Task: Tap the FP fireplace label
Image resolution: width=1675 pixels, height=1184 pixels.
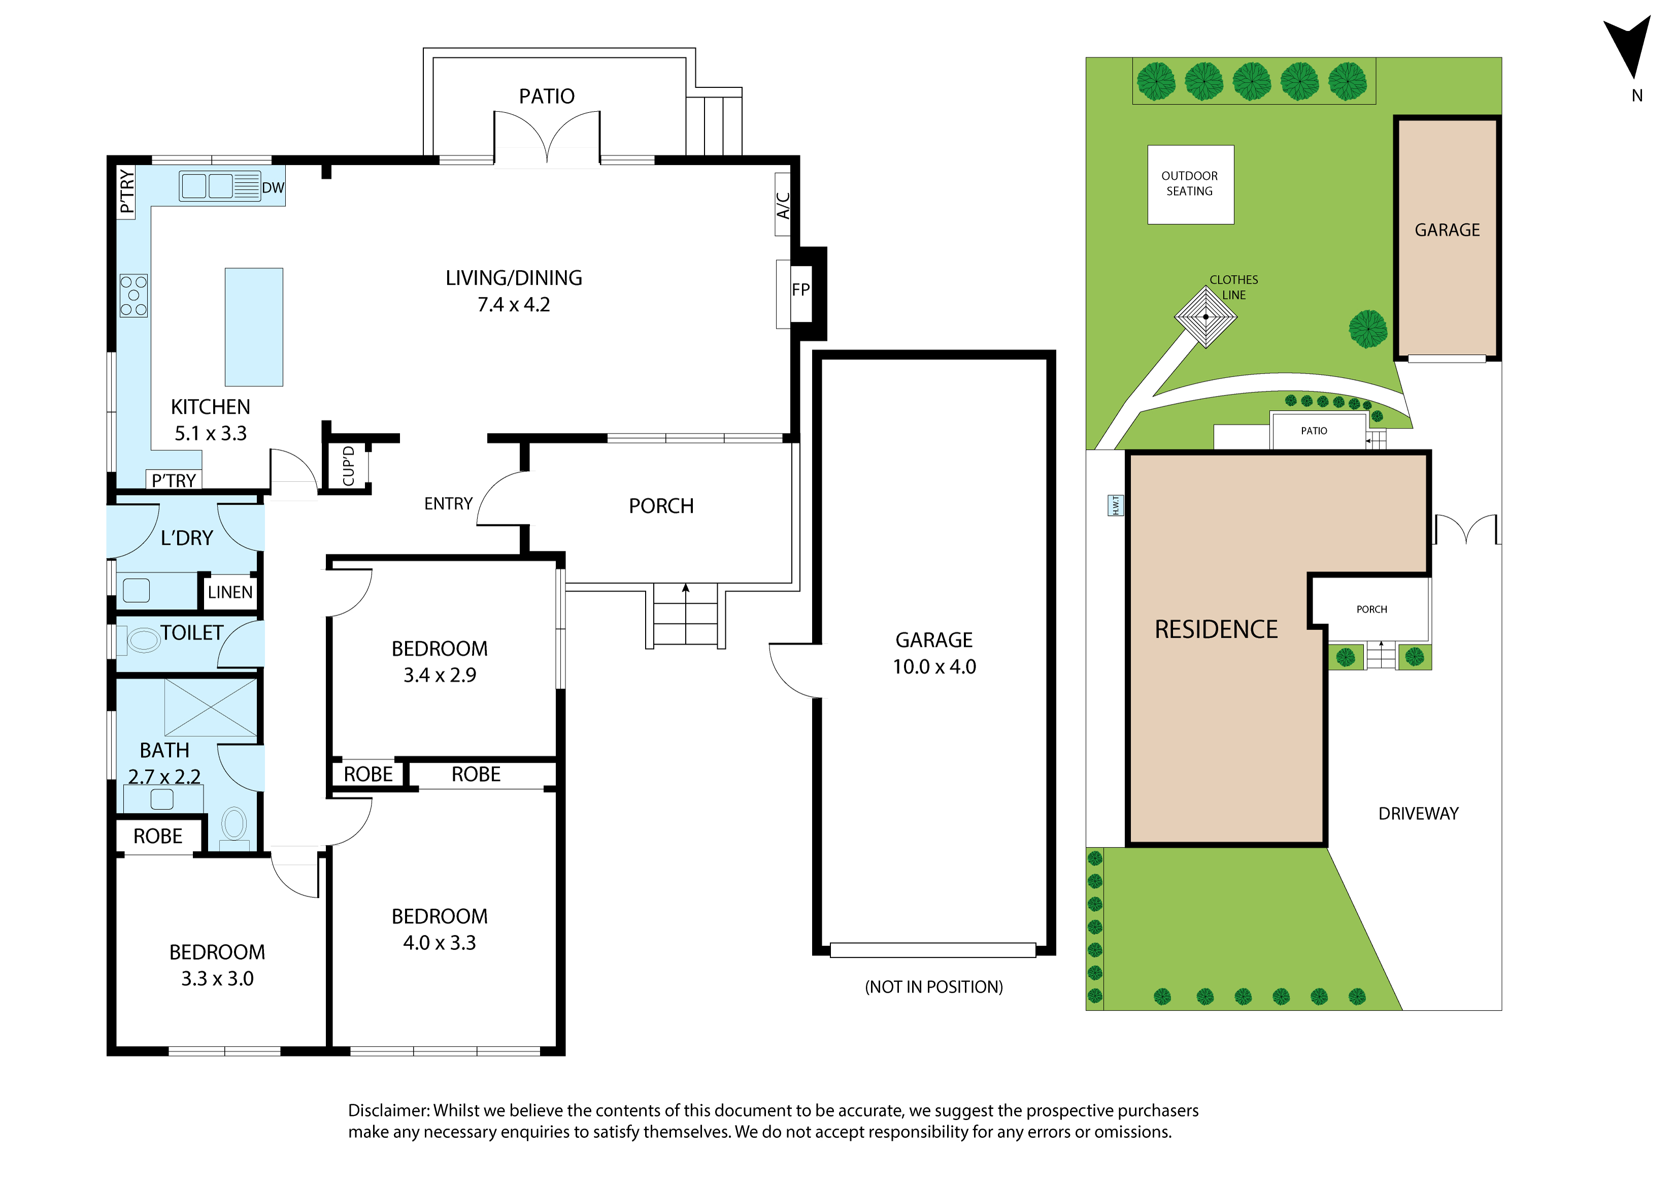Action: tap(800, 289)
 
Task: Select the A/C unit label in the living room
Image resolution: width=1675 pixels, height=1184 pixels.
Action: tap(783, 205)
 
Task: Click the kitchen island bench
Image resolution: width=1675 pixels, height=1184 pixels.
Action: tap(253, 327)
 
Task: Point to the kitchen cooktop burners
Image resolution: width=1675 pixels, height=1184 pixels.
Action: tap(133, 295)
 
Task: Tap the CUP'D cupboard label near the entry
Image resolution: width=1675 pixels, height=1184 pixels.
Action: tap(349, 466)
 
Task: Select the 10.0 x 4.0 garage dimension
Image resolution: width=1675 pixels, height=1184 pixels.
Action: tap(934, 666)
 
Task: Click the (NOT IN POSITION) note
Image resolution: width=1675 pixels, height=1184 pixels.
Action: tap(934, 987)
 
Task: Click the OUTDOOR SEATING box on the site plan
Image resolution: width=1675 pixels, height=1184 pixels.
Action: tap(1191, 185)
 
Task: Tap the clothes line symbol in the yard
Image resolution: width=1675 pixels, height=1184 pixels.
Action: tap(1206, 317)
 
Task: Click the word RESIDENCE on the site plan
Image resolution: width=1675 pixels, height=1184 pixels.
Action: tap(1216, 629)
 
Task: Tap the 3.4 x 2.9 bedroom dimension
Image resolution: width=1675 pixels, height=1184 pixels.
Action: tap(440, 675)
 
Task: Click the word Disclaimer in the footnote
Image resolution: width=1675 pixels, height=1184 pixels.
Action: tap(389, 1110)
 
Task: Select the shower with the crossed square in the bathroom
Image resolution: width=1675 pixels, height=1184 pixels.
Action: tap(211, 708)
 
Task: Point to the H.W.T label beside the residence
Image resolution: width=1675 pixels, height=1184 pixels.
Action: tap(1116, 505)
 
